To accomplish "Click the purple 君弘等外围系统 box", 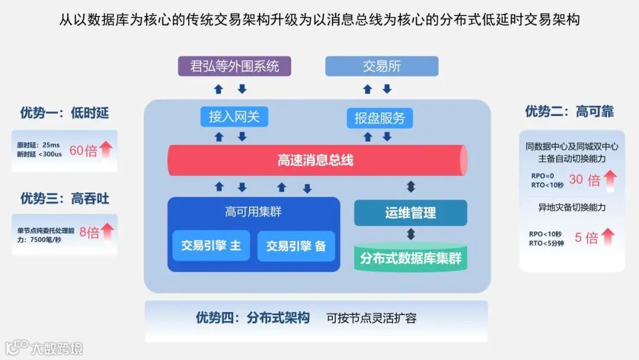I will coord(234,66).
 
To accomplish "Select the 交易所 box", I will coord(382,66).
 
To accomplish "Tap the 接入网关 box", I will coord(234,117).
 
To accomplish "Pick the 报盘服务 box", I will coord(379,118).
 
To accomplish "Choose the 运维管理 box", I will coord(410,213).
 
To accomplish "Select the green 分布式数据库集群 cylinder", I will coord(410,259).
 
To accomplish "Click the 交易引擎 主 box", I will coord(211,246).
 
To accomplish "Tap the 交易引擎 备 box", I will coord(296,246).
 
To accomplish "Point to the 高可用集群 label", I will coord(253,211).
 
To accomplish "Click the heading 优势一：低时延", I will coord(64,112).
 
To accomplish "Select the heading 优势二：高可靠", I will coord(569,111).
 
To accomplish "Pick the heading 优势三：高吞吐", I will coord(64,198).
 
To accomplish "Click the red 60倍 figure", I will coord(83,150).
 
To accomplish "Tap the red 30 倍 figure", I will coord(584,179).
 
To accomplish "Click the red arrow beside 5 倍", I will coord(608,237).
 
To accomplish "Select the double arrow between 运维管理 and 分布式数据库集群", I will coord(411,234).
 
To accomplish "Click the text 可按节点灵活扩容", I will coord(372,318).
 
